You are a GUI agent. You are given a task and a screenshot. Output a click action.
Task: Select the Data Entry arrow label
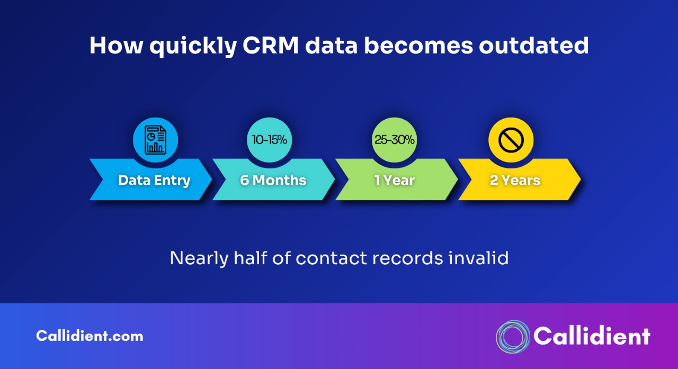point(154,181)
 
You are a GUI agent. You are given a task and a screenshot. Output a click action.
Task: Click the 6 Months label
point(273,181)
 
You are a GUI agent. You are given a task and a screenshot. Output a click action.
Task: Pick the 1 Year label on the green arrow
point(395,181)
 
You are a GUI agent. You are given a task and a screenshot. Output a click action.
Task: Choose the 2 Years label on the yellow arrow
point(515,181)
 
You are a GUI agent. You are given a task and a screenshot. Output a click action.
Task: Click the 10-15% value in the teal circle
point(270,140)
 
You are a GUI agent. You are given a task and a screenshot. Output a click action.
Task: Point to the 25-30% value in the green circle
point(395,140)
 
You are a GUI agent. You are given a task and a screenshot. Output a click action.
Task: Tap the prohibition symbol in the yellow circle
point(511,140)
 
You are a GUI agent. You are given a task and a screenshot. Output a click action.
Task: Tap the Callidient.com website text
point(90,336)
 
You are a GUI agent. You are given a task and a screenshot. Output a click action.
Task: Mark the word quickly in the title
point(192,47)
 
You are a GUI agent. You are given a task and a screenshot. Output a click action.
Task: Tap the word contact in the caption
point(331,258)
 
